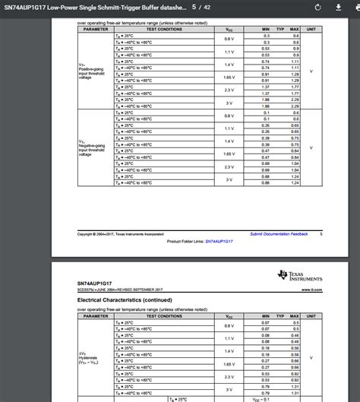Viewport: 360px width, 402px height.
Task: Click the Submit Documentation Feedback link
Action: pos(279,234)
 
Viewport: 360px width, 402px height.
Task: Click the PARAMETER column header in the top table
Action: pos(96,29)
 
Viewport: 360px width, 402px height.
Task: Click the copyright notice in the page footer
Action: pos(121,234)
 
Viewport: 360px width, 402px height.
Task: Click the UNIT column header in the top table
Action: pos(311,29)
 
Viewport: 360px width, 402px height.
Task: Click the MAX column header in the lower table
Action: pos(294,317)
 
